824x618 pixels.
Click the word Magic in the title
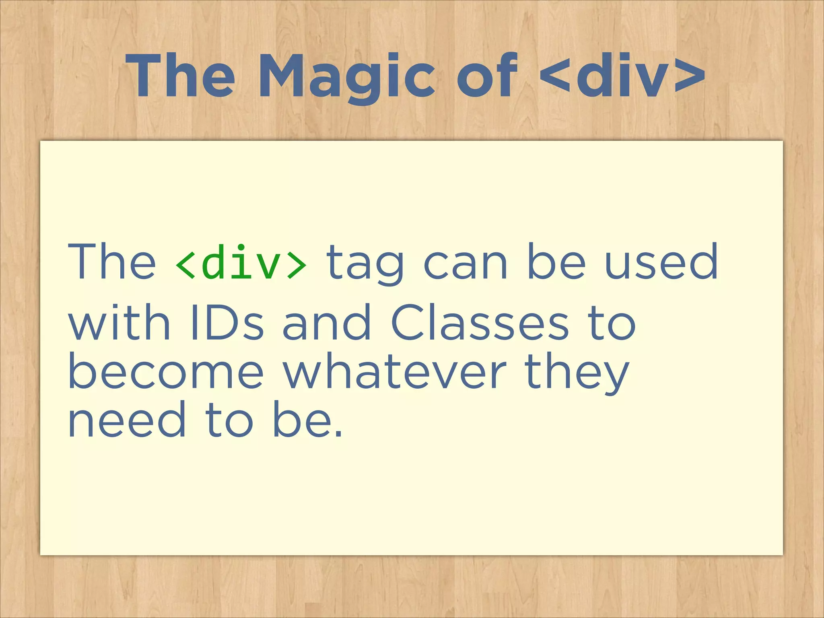tap(346, 76)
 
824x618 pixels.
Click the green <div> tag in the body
tap(241, 262)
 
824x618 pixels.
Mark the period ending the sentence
tap(338, 434)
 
